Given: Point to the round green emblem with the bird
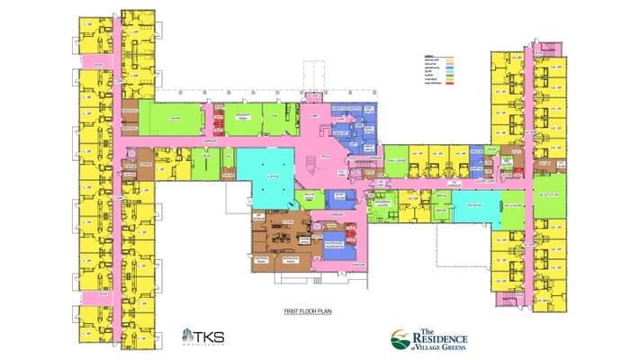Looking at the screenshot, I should coord(400,340).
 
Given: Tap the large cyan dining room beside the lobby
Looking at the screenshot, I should coord(265,171).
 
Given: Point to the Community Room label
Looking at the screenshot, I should coord(240,118).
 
